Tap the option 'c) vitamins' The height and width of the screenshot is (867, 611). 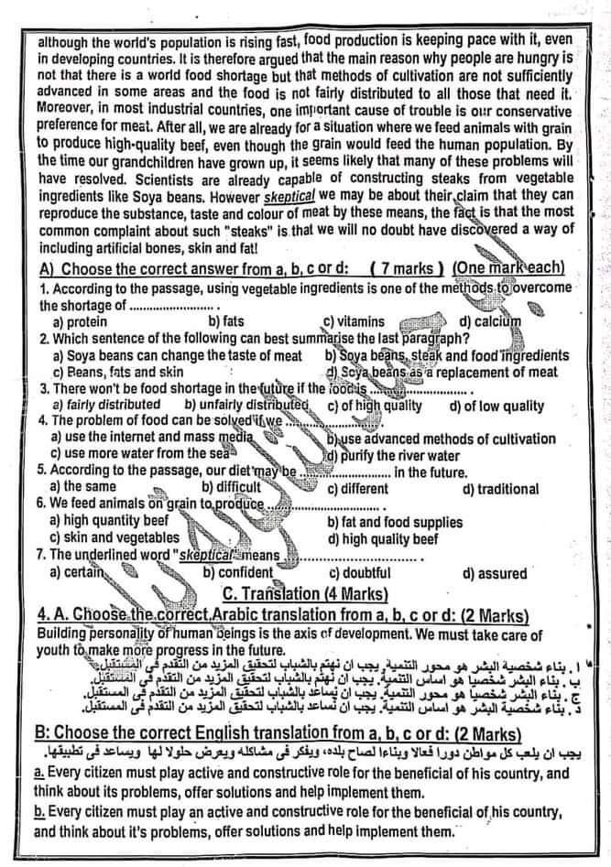355,321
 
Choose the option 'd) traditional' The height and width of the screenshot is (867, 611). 500,488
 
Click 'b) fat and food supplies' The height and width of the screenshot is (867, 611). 395,522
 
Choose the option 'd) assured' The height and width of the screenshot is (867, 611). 496,573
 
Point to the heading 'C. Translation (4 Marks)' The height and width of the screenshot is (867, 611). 305,592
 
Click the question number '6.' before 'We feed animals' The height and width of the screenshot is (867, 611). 41,504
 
